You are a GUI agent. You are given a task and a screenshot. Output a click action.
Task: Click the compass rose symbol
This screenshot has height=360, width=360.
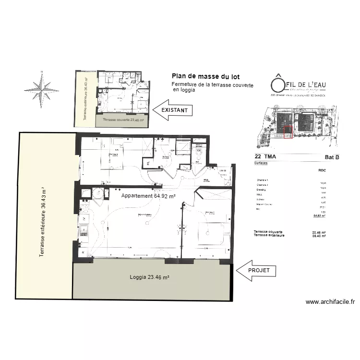tap(42, 89)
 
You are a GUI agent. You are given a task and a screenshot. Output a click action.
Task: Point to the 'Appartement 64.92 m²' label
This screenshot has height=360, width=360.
tap(148, 196)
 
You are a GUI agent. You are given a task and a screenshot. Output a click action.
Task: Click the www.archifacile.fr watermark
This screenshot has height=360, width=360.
tap(330, 302)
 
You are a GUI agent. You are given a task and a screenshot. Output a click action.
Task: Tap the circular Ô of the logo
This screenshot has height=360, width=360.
tap(277, 84)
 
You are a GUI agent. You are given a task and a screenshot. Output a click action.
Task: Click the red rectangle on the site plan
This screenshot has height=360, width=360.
tap(288, 132)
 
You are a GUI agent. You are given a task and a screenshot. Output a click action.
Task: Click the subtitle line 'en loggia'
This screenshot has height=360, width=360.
tap(184, 90)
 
